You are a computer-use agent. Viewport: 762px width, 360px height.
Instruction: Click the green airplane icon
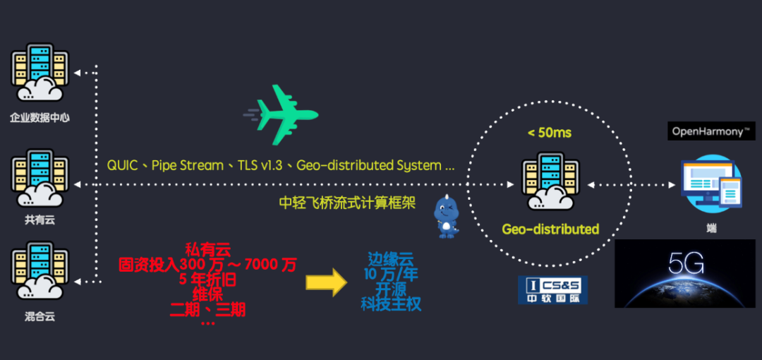[x=282, y=114]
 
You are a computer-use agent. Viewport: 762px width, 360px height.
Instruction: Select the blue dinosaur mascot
[x=446, y=216]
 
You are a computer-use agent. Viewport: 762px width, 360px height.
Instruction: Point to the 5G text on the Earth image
[x=686, y=264]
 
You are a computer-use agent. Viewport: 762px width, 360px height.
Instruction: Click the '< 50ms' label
[x=549, y=133]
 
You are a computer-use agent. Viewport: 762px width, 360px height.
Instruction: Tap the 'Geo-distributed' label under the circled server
[x=550, y=229]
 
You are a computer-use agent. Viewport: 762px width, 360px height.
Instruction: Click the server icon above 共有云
[x=40, y=181]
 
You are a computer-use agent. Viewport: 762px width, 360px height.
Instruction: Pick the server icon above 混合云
[x=40, y=271]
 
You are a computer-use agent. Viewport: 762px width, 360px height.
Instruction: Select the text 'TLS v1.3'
[x=258, y=165]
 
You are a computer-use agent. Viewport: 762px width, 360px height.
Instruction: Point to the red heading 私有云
[x=208, y=249]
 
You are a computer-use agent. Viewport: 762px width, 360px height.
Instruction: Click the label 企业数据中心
[x=40, y=117]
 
